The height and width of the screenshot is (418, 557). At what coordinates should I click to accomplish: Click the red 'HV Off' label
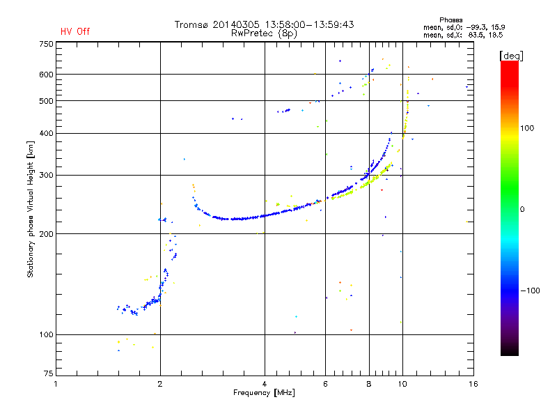tap(75, 31)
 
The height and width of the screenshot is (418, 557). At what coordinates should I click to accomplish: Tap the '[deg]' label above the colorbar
tap(511, 55)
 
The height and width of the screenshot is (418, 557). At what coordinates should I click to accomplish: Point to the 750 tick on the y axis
tap(45, 44)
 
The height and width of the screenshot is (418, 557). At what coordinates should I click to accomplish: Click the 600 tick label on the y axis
tap(45, 75)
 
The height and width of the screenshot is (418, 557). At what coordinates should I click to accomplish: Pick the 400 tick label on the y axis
tap(45, 133)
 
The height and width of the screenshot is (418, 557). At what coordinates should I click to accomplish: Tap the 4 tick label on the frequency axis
tap(265, 382)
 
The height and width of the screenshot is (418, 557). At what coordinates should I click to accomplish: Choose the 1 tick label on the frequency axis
tap(56, 382)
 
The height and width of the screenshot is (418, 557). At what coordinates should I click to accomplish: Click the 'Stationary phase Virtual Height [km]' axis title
tap(30, 209)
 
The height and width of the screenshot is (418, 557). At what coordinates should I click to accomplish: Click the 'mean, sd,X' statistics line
tap(463, 34)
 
